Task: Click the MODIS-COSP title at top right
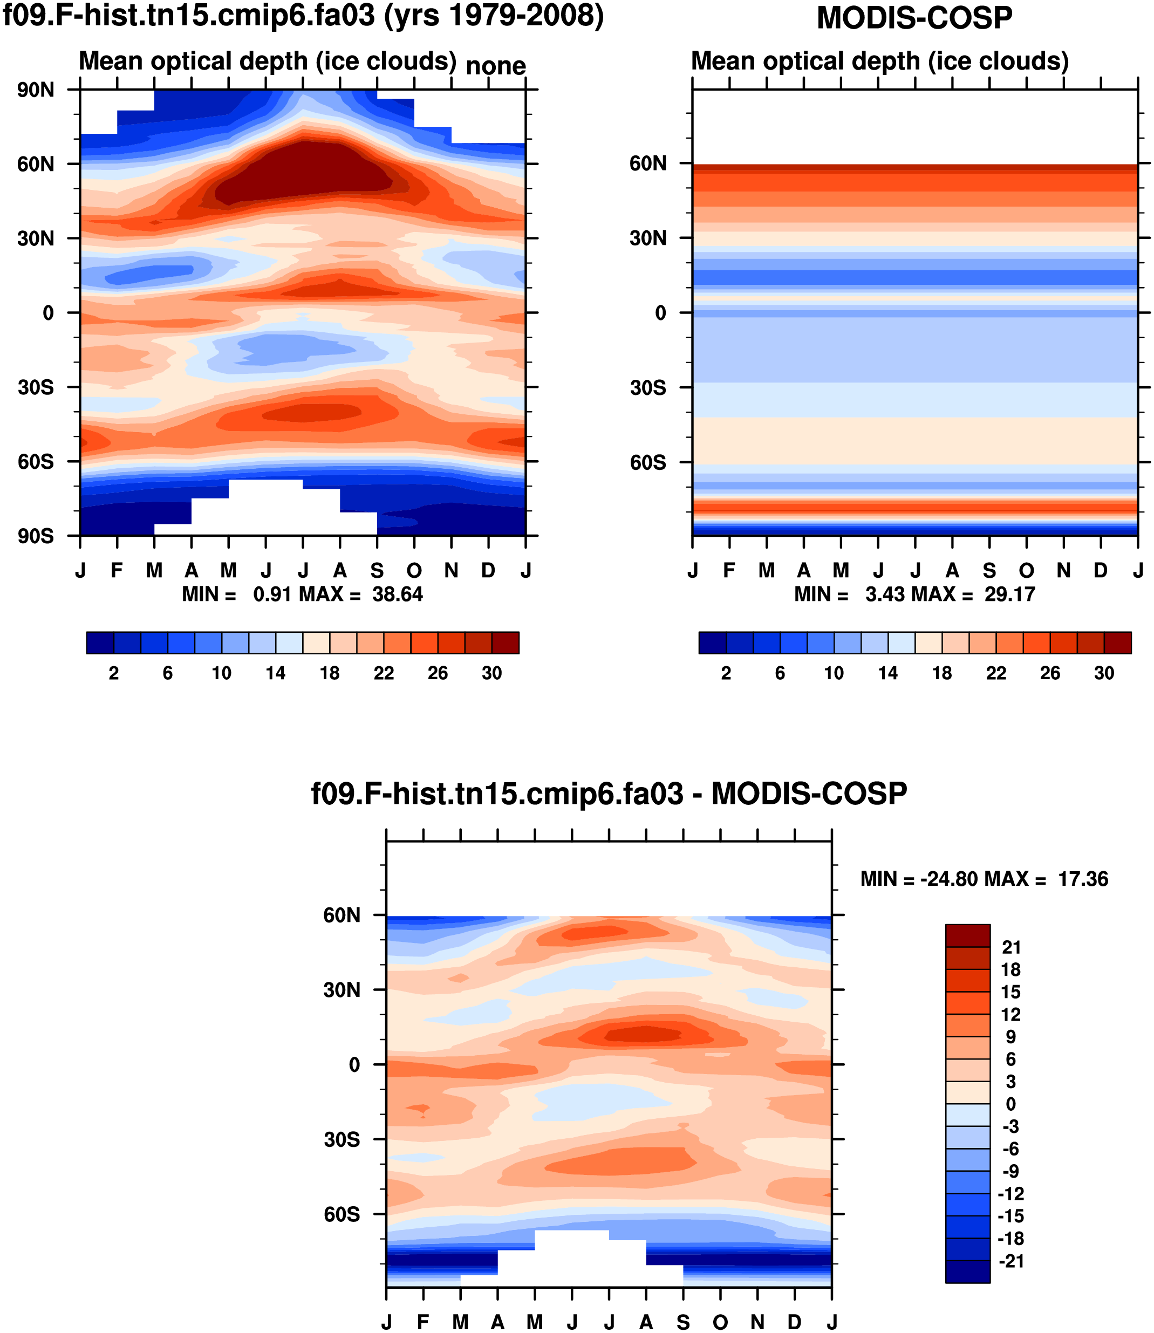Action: [x=914, y=18]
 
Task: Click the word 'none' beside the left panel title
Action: [x=495, y=66]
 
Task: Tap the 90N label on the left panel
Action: [x=36, y=90]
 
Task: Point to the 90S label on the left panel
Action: [x=36, y=536]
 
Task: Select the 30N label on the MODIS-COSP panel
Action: [x=648, y=239]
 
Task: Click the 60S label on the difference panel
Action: [x=342, y=1214]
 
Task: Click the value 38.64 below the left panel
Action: [x=397, y=594]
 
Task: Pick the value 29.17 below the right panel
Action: [x=1010, y=594]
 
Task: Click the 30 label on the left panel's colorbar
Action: [x=492, y=674]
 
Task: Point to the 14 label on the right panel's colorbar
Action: [x=888, y=674]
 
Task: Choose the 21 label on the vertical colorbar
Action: [x=1012, y=947]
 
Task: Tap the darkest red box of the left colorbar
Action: [x=506, y=642]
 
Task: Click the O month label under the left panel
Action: [x=414, y=571]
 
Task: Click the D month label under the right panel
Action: [x=1101, y=571]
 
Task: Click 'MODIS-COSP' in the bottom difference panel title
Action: [x=809, y=794]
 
